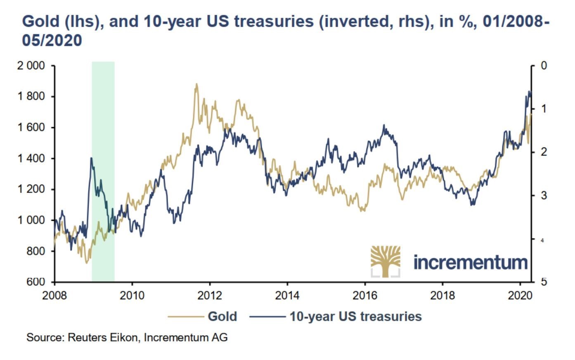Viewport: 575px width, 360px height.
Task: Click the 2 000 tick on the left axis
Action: click(31, 66)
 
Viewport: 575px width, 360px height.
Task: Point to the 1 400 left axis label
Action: click(31, 159)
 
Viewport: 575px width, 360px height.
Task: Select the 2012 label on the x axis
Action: click(210, 296)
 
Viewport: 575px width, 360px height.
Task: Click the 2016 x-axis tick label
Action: click(365, 296)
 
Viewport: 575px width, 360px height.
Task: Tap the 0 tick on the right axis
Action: click(544, 66)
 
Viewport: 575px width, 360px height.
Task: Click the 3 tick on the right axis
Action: click(544, 195)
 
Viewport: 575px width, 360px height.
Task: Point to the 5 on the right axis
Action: click(544, 282)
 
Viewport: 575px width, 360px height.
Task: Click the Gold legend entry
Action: click(222, 317)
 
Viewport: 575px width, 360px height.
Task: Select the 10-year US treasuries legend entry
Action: click(355, 317)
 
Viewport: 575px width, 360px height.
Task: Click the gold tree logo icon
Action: click(385, 261)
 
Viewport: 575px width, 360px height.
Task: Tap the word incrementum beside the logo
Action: click(471, 262)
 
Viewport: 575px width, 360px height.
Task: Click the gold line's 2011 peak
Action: click(196, 84)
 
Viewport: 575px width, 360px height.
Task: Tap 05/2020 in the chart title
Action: click(52, 40)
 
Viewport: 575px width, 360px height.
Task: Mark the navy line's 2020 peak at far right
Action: click(530, 91)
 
